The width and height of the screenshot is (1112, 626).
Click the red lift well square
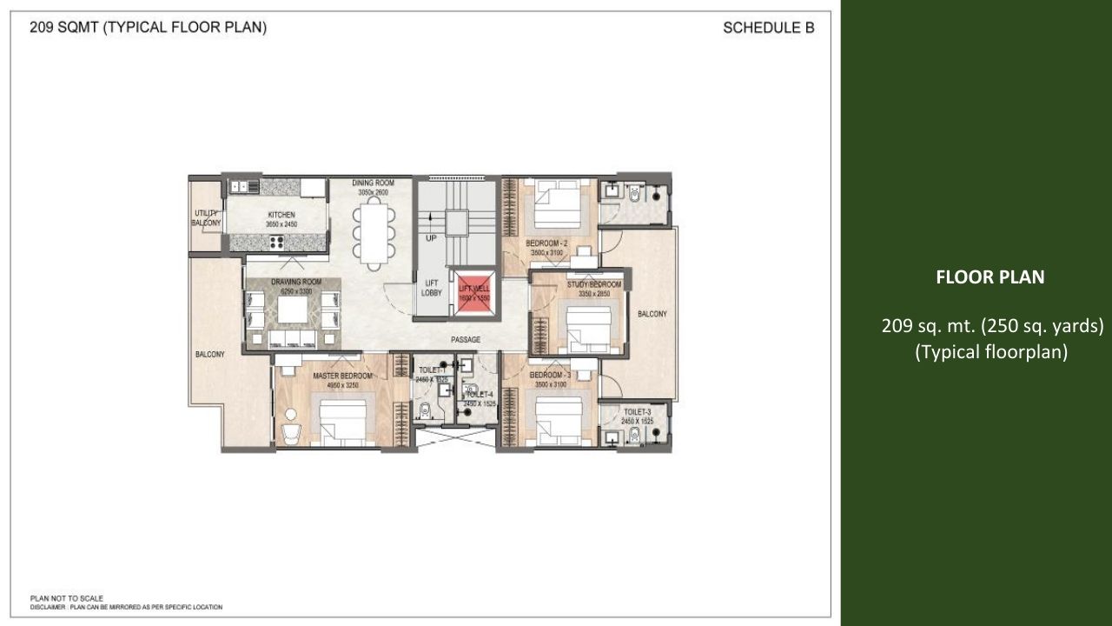(474, 293)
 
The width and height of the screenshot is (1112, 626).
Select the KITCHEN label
(281, 215)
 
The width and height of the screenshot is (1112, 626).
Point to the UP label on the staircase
(431, 237)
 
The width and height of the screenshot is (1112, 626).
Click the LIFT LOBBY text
(432, 288)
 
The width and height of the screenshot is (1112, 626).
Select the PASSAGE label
(466, 340)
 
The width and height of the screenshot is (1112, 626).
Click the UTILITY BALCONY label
(207, 218)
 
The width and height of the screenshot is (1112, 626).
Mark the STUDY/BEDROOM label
(594, 285)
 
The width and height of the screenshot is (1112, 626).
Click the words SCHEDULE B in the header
(768, 28)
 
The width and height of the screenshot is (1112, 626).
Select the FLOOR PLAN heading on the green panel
(990, 277)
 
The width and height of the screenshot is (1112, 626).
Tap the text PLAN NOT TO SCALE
(67, 598)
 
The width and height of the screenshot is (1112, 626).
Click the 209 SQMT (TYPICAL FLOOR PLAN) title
(148, 28)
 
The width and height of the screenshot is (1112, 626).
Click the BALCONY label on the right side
(652, 314)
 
